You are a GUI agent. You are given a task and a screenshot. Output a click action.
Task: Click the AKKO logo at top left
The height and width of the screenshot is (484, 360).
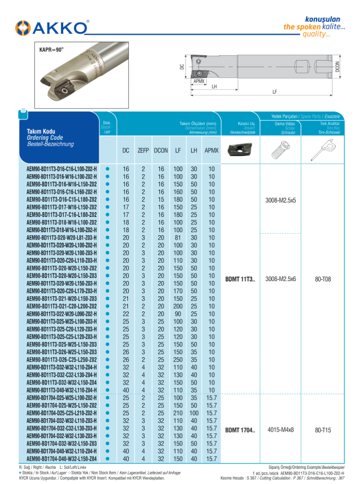[x=51, y=28]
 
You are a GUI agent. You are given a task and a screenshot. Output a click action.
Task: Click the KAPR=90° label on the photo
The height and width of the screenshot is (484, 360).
[x=51, y=50]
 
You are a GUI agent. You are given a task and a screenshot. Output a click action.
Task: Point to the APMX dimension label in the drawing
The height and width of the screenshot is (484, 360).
[x=199, y=81]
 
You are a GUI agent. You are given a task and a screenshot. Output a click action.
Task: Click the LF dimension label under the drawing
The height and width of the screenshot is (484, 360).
[x=274, y=92]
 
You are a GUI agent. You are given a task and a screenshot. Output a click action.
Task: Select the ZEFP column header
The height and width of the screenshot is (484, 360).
[x=143, y=151]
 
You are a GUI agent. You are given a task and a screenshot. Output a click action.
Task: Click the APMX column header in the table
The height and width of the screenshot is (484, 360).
[x=211, y=151]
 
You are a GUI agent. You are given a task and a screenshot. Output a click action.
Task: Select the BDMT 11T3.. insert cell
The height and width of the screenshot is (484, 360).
[x=240, y=279]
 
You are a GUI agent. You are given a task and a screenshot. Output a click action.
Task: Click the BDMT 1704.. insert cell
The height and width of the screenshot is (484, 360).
[x=240, y=430]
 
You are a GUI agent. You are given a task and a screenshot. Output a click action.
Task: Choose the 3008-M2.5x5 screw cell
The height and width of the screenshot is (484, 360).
[x=281, y=200]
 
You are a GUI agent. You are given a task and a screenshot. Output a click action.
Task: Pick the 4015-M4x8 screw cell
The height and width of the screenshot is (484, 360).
[x=281, y=430]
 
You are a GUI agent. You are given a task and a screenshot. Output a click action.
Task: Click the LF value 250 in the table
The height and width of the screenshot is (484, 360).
[x=178, y=359]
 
